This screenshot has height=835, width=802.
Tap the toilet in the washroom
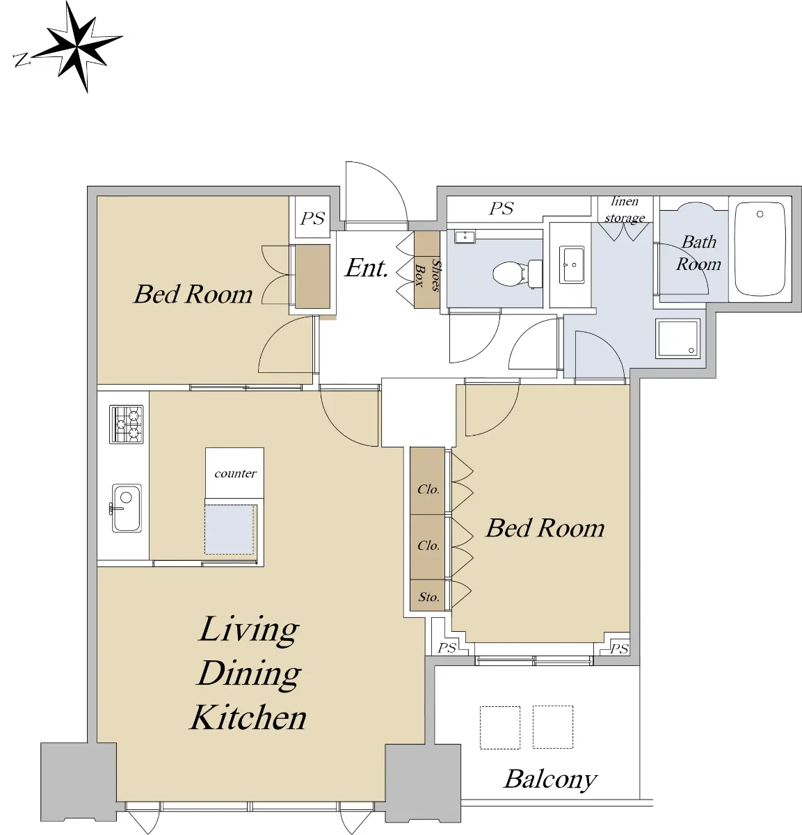[x=518, y=273]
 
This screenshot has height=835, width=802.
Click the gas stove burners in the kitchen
[x=126, y=424]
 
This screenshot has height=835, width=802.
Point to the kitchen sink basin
[x=127, y=509]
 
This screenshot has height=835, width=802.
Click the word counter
[x=235, y=473]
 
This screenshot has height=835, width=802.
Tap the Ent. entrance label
[x=367, y=268]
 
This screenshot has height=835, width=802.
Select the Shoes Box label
[x=428, y=275]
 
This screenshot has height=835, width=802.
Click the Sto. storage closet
[x=427, y=595]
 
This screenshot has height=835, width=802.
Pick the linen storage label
[x=625, y=209]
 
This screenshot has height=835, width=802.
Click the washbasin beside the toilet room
[x=572, y=264]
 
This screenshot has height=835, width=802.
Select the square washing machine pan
[x=677, y=339]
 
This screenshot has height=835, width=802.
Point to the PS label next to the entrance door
[x=312, y=218]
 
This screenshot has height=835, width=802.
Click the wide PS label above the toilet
[x=501, y=209]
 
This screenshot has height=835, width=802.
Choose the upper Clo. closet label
[x=428, y=489]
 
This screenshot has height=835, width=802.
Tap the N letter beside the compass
[x=22, y=60]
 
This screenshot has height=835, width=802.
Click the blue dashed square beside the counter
[x=230, y=530]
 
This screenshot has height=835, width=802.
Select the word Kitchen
[x=248, y=719]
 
